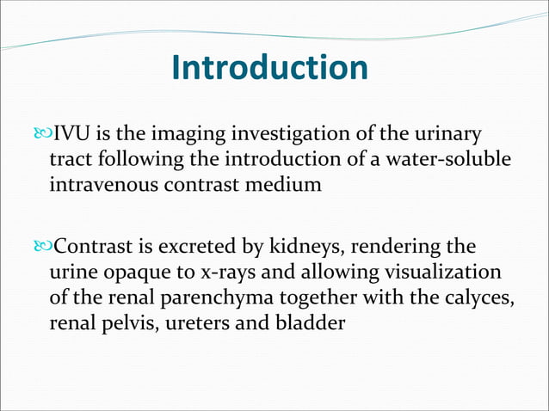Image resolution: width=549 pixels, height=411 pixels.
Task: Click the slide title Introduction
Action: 269,68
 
